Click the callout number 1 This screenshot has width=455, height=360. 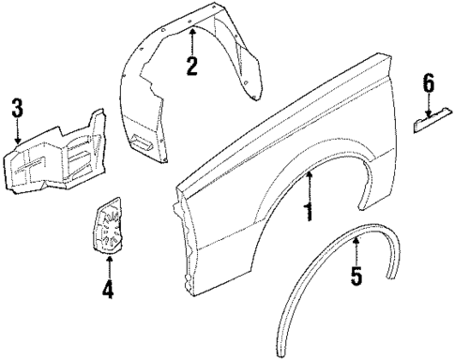point(307,212)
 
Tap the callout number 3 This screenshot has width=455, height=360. point(17,107)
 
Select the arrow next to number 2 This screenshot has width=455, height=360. point(191,40)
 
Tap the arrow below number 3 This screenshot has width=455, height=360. point(17,133)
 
